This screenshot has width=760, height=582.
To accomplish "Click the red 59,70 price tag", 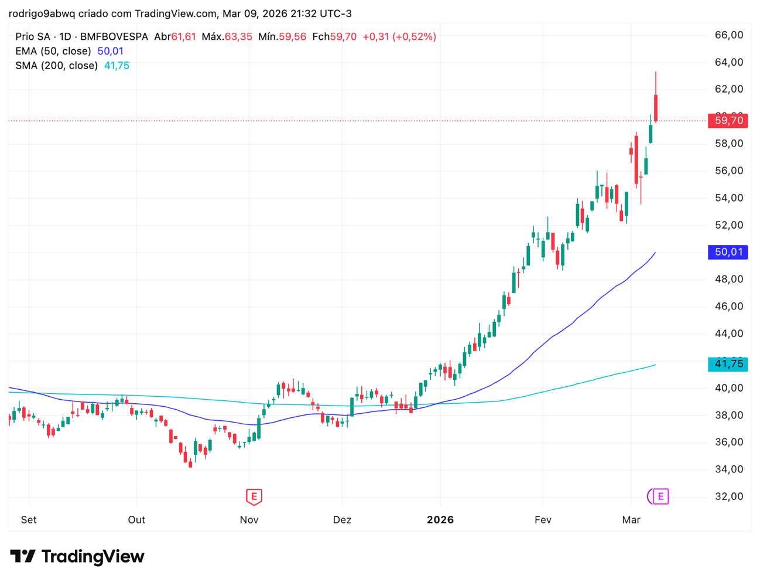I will point(728,121).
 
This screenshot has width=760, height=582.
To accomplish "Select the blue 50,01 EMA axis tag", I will point(728,252).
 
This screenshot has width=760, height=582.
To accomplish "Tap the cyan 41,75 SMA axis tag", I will point(728,364).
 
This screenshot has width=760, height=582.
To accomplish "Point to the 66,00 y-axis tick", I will point(729,35).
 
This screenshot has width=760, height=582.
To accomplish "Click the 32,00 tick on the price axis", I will point(729,496).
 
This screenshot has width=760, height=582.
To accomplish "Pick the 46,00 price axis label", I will point(729,307).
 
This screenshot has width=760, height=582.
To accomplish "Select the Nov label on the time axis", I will point(249,520).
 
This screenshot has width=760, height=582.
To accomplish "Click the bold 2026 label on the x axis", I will point(440,520).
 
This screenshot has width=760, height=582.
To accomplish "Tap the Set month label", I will point(29,520).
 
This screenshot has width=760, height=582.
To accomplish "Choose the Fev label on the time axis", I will point(543,520).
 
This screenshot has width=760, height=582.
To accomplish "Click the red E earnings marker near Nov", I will point(254,496).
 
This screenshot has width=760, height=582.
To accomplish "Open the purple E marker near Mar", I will point(660,496).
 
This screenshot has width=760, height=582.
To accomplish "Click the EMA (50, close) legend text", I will point(53,51).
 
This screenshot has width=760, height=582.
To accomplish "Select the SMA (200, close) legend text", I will point(56,66).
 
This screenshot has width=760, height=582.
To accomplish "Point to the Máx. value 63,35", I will point(238,37).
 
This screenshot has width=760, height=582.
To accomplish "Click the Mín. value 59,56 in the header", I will point(292,37).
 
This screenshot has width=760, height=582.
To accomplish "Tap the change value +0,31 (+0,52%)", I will point(399,37).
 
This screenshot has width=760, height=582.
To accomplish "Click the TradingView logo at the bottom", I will point(77,556).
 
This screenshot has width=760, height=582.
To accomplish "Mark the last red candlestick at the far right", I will point(656,108).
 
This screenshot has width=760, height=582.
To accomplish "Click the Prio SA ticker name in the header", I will point(33,37).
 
